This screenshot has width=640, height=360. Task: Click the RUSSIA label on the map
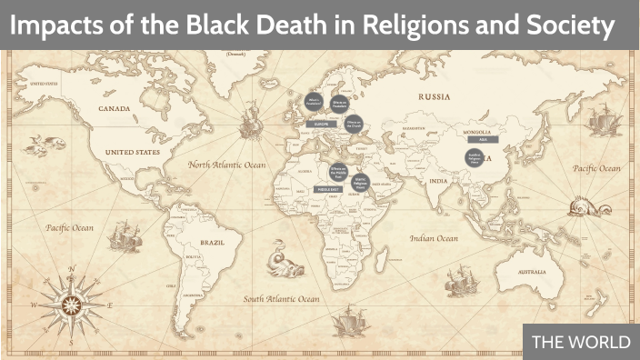(435, 95)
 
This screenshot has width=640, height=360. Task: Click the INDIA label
(439, 180)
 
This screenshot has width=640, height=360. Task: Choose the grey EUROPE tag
(320, 123)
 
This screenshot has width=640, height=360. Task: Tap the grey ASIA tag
(482, 140)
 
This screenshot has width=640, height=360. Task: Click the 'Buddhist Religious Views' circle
(473, 160)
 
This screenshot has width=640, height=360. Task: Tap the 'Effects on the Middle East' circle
(337, 170)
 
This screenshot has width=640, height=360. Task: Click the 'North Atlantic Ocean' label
(226, 165)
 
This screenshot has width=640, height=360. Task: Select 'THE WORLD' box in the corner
(580, 342)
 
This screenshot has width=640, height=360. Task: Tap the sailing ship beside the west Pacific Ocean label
(120, 239)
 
